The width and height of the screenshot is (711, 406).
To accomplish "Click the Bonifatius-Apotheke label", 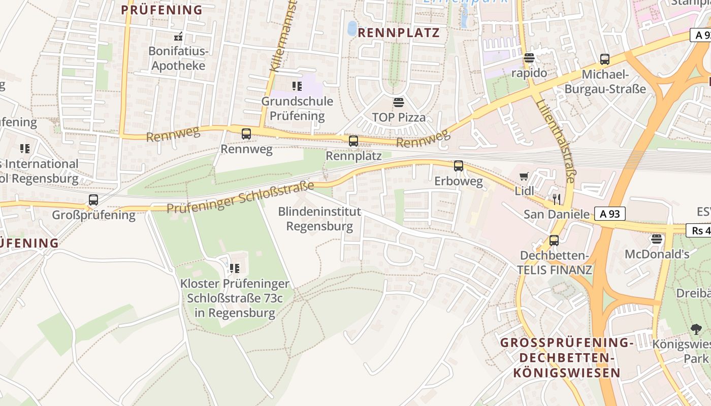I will tap(178, 58).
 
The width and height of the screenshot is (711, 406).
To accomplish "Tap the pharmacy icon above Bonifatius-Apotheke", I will tap(178, 37).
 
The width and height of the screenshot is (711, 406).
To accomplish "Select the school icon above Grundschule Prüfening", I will tap(297, 86).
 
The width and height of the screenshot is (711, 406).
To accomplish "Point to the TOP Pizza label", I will tap(399, 118).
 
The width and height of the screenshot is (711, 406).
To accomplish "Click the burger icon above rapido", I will tap(529, 58).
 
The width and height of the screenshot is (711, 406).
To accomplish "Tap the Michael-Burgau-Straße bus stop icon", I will tap(604, 59).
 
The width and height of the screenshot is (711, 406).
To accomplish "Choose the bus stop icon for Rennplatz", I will tap(353, 141).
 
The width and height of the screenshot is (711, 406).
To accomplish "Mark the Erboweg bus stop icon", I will tap(458, 166).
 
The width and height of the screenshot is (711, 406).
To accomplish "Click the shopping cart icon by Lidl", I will tap(524, 177).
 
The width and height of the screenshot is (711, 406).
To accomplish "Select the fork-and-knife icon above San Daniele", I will tap(557, 198).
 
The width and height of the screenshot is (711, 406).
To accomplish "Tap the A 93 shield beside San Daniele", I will tap(610, 214).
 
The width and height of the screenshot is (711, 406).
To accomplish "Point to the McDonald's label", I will tap(657, 254).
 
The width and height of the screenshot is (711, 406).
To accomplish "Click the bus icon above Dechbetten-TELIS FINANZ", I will tap(554, 241).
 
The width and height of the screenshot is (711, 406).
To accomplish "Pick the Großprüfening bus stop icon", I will tap(93, 200).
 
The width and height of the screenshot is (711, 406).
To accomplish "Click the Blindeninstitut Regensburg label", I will tap(319, 219).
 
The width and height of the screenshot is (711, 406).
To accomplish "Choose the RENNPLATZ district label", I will tap(399, 33).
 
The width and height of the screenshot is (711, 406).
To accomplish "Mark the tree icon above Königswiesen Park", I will tap(696, 329).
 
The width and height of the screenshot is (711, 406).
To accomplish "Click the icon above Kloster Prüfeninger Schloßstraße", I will tap(234, 268).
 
